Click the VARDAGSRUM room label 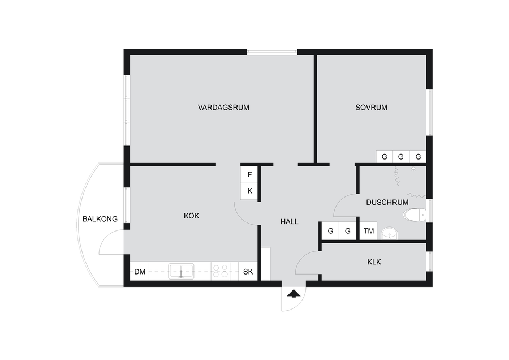pyautogui.click(x=223, y=107)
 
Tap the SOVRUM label pyautogui.click(x=371, y=107)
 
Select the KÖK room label pyautogui.click(x=191, y=216)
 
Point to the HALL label pyautogui.click(x=289, y=221)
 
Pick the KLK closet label pyautogui.click(x=374, y=262)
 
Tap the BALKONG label pyautogui.click(x=100, y=219)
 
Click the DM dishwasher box pyautogui.click(x=140, y=272)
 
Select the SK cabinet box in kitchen pyautogui.click(x=248, y=272)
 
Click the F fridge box pyautogui.click(x=249, y=174)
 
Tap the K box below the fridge pyautogui.click(x=249, y=191)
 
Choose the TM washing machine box pyautogui.click(x=369, y=231)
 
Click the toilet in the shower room pyautogui.click(x=415, y=215)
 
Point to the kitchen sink pyautogui.click(x=180, y=271)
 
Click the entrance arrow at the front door pyautogui.click(x=294, y=294)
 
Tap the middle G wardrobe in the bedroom pyautogui.click(x=401, y=156)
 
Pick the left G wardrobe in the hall pyautogui.click(x=330, y=231)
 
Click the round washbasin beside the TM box pyautogui.click(x=389, y=233)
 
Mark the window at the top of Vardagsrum pyautogui.click(x=272, y=52)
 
